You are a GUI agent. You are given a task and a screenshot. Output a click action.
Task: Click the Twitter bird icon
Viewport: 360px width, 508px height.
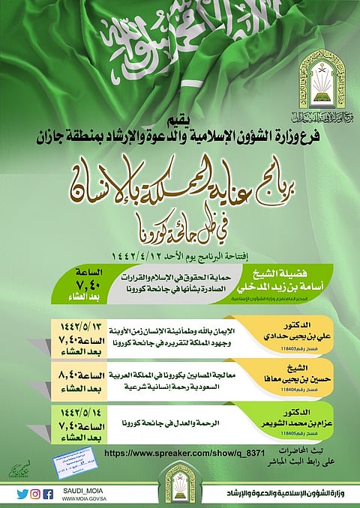coord(22,493)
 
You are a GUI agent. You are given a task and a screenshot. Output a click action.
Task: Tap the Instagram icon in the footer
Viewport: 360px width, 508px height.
coord(35,493)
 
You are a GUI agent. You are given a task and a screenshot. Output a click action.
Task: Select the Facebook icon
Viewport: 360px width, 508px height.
coord(48,493)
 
